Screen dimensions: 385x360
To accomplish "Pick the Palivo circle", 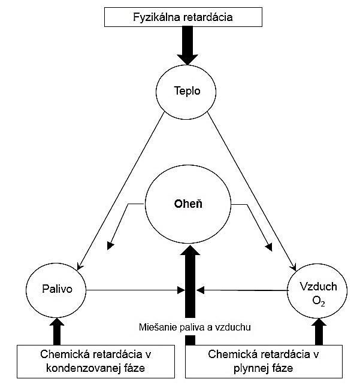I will pos(57,290).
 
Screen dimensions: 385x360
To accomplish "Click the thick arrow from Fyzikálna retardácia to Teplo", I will pos(186,46).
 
